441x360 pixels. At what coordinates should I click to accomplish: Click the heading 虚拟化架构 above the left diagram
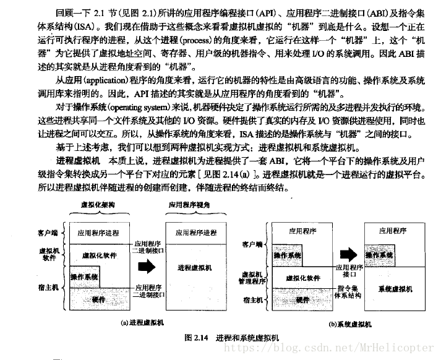pos(98,204)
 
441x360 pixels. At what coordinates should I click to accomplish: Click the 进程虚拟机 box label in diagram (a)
pos(194,267)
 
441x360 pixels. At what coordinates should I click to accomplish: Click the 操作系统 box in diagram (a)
pos(84,276)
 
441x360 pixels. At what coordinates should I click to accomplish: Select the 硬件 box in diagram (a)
pos(98,299)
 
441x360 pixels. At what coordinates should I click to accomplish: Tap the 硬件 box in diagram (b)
pos(302,299)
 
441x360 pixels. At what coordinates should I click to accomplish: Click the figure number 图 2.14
pos(197,338)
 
